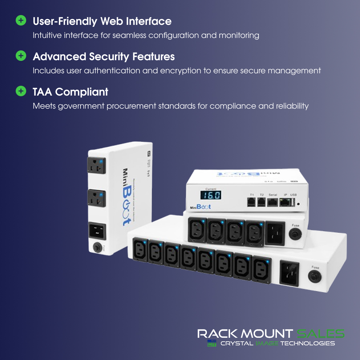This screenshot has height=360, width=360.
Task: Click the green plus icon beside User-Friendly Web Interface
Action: (x=21, y=21)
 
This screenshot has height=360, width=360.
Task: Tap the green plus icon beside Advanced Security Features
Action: (x=21, y=56)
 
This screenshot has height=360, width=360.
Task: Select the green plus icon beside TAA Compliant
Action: (x=21, y=91)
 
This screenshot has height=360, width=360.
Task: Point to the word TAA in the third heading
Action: (x=43, y=92)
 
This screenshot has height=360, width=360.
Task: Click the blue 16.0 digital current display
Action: (x=210, y=195)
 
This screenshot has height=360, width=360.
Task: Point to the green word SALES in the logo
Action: (x=320, y=334)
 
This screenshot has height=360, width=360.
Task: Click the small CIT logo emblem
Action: (x=212, y=343)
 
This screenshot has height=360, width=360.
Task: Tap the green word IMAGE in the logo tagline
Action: (x=267, y=343)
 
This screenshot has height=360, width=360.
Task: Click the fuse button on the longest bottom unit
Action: (x=315, y=277)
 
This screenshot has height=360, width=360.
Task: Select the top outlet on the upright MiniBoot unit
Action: (x=96, y=165)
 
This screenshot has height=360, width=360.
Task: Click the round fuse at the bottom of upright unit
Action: (x=97, y=247)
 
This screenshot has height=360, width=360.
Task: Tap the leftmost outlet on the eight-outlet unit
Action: (x=140, y=250)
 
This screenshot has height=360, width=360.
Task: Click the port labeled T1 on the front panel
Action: (x=251, y=202)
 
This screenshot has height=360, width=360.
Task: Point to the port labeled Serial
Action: (x=273, y=202)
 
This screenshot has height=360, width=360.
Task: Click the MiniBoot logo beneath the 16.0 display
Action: (x=200, y=207)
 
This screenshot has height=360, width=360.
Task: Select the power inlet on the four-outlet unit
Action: (x=275, y=233)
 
